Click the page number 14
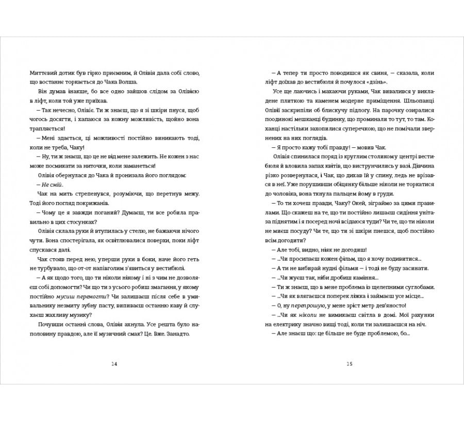click(114, 364)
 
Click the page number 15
click(349, 364)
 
